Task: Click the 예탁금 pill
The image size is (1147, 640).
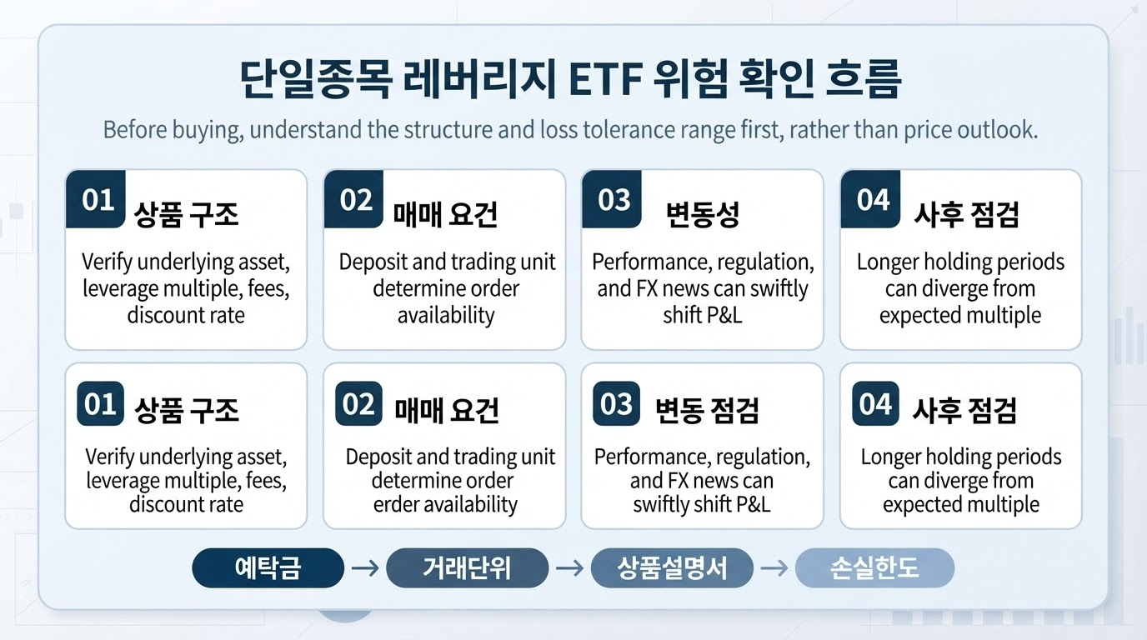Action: tap(268, 567)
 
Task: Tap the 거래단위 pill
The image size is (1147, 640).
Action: tap(467, 567)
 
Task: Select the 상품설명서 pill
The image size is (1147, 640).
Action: tap(672, 567)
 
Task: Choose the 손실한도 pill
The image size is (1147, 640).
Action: tap(874, 567)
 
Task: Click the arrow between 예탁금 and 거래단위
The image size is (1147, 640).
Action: tap(365, 567)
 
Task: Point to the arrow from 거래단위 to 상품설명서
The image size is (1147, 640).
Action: tap(569, 567)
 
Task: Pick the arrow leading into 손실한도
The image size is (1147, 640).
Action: tap(774, 567)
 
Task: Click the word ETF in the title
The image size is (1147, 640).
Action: tap(606, 79)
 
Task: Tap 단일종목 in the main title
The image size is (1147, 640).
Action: tap(316, 79)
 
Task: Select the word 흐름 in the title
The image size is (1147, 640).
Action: tap(864, 79)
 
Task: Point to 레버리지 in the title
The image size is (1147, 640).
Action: tap(480, 79)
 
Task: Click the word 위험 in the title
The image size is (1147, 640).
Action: tap(690, 79)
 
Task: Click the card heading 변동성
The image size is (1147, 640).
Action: tap(703, 214)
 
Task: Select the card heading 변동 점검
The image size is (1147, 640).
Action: tap(707, 410)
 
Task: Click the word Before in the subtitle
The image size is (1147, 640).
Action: tap(135, 129)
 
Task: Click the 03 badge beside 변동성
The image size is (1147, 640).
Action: tap(612, 199)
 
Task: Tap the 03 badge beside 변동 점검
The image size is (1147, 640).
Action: tap(617, 403)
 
